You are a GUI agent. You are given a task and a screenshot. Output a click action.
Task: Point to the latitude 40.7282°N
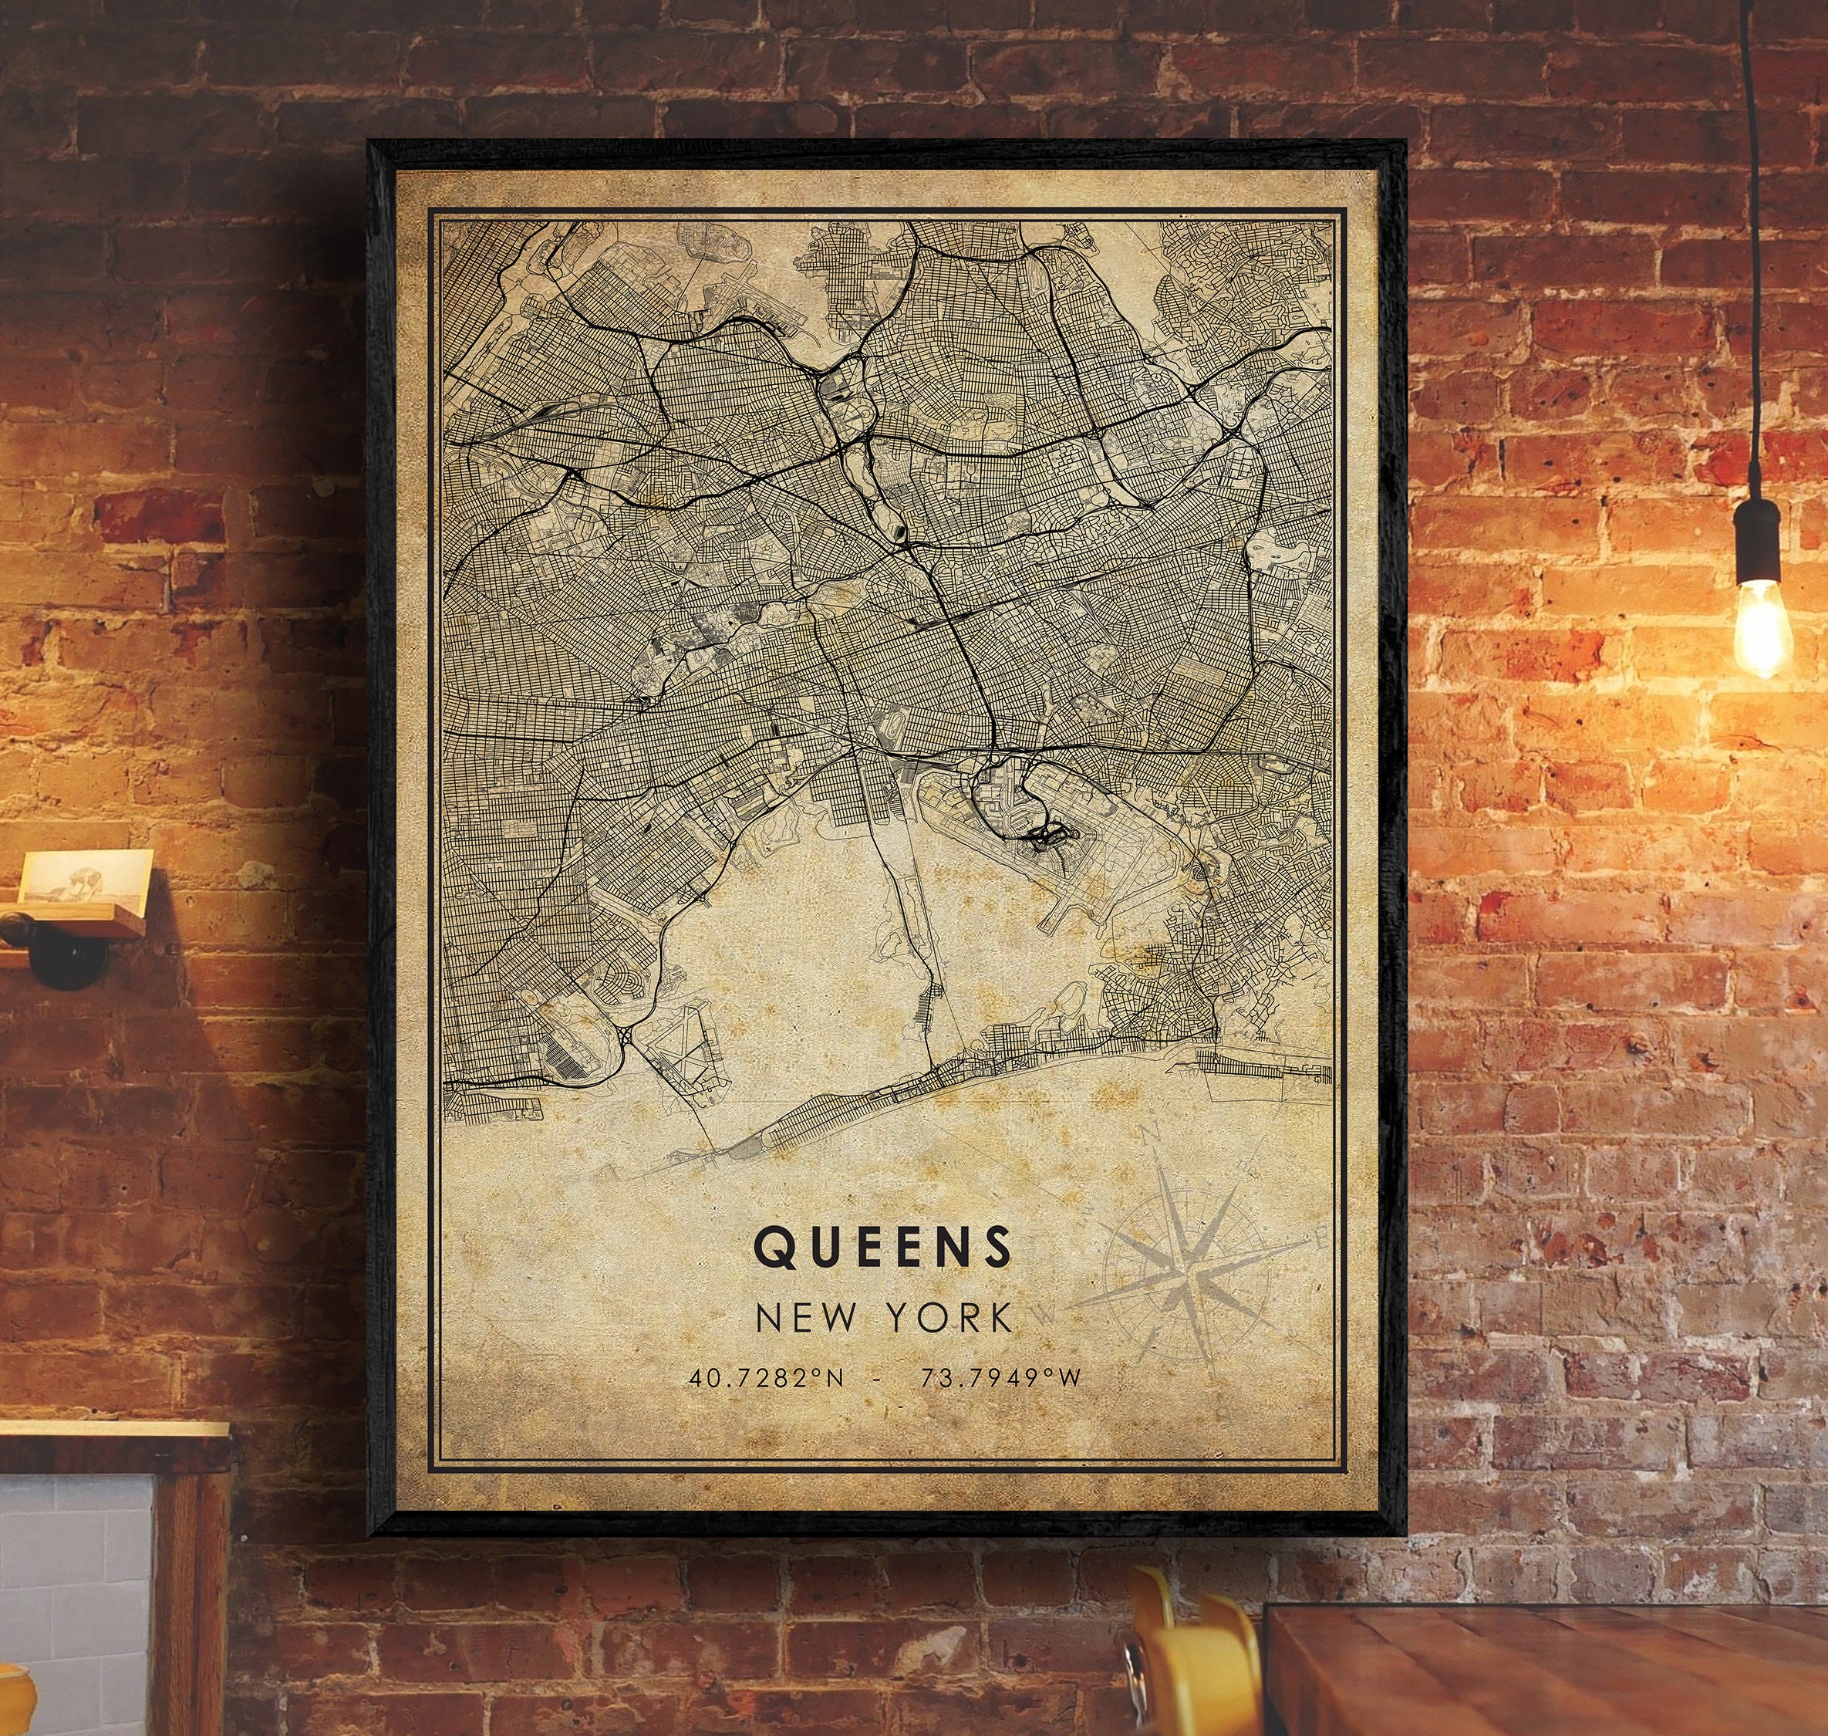pyautogui.click(x=765, y=1378)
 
